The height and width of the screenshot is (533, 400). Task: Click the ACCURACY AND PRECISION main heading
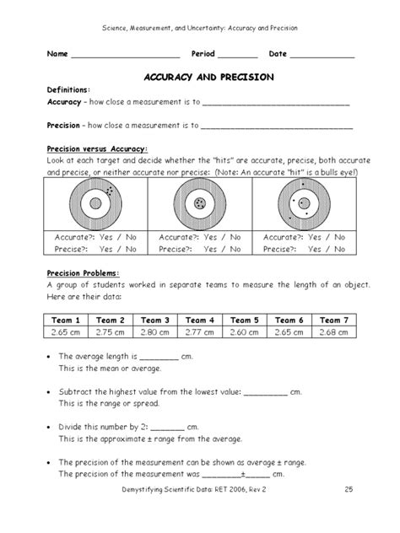pyautogui.click(x=200, y=75)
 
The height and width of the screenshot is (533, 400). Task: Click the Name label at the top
pyautogui.click(x=57, y=54)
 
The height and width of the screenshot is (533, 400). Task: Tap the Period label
pyautogui.click(x=206, y=54)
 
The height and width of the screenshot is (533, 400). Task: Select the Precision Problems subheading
pyautogui.click(x=83, y=272)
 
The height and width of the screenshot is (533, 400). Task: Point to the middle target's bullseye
pyautogui.click(x=199, y=204)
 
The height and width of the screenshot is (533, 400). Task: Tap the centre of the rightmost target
pyautogui.click(x=304, y=204)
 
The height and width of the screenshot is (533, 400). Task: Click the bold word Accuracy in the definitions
pyautogui.click(x=64, y=102)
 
